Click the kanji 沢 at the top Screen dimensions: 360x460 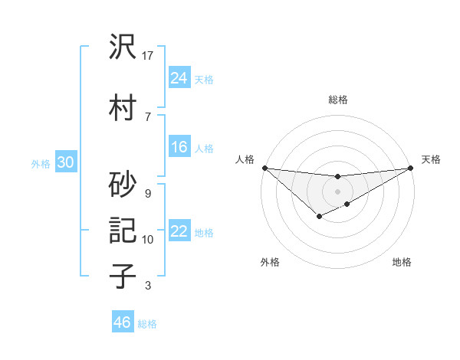coord(123,47)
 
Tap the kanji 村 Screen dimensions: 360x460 coord(123,107)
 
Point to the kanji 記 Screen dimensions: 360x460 coord(123,231)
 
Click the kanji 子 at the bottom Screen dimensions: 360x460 coord(123,275)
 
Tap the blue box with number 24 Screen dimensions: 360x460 coord(179,77)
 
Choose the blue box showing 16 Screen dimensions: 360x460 coord(179,147)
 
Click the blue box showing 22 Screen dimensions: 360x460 coord(179,231)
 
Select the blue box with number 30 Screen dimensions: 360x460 coord(64,162)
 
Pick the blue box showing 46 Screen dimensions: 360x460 coord(123,322)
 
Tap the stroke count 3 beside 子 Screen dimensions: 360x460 coord(147,286)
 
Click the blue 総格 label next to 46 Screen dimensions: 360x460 coord(147,324)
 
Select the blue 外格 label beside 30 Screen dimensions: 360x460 coord(41,164)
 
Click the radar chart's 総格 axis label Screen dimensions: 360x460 coord(337,100)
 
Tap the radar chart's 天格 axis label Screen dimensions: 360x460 coord(431,159)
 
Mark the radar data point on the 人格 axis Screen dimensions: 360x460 coord(264,168)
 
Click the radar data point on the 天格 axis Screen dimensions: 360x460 coord(411,168)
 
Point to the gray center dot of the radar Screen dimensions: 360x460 coord(337,191)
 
